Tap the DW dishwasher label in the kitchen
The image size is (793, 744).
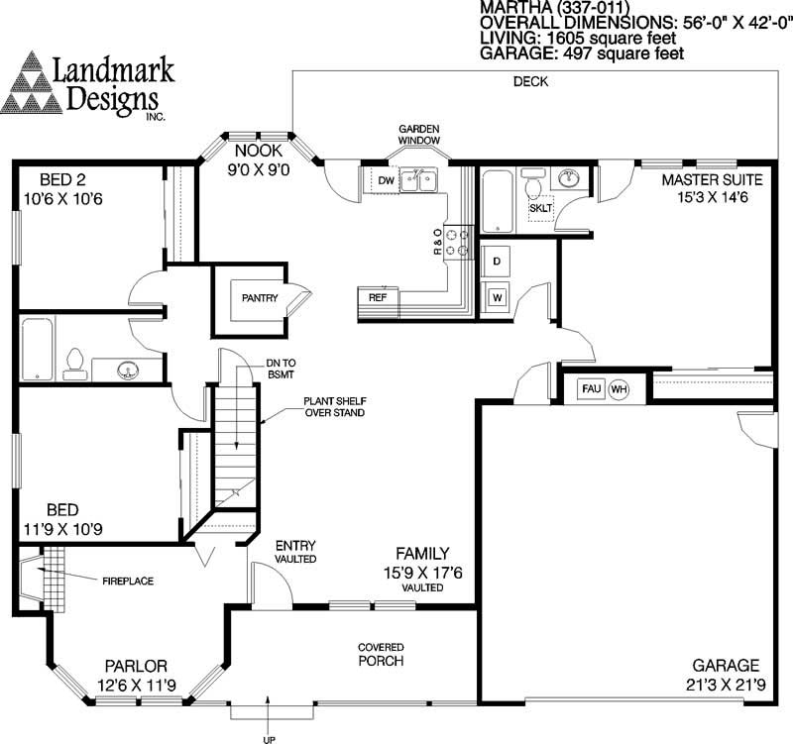click(386, 180)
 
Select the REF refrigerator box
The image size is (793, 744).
click(378, 296)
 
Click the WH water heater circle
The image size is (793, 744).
click(619, 387)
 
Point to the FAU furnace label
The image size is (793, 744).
click(591, 387)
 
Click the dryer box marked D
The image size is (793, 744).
click(496, 260)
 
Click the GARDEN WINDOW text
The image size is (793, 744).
click(419, 136)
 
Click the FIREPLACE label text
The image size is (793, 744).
click(126, 581)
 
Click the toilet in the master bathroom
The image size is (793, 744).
click(532, 186)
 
